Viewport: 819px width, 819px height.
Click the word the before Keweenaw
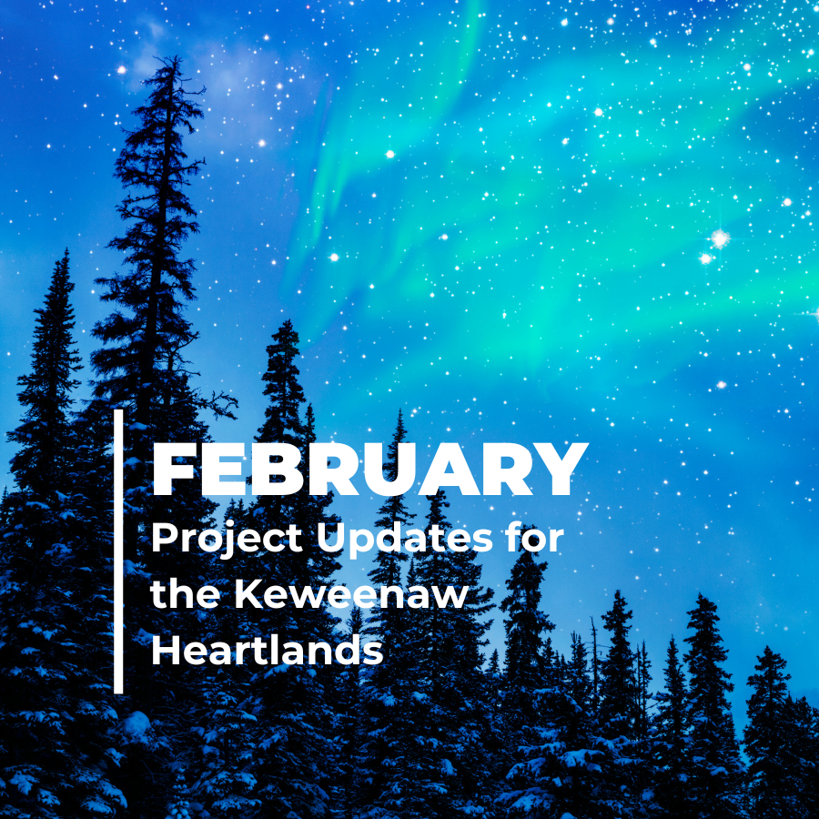coord(185,594)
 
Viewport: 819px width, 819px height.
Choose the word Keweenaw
coord(350,594)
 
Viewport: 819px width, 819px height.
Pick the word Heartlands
coord(268,650)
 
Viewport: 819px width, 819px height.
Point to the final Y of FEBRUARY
coord(557,470)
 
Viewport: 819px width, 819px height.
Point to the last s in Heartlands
coord(374,652)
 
